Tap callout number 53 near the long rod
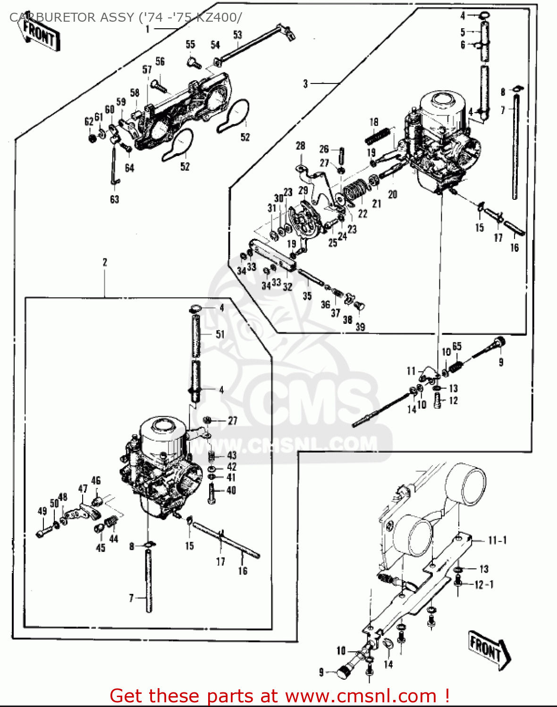click(237, 34)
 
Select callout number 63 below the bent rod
click(114, 199)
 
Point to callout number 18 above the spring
click(374, 122)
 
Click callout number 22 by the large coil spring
click(363, 214)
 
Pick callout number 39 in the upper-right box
click(360, 327)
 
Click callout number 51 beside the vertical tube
click(220, 334)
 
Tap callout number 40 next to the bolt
click(231, 490)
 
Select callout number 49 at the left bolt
click(42, 511)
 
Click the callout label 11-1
click(497, 540)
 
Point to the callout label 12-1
click(484, 584)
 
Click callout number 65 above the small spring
click(456, 347)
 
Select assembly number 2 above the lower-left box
click(105, 262)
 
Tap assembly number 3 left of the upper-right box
click(305, 84)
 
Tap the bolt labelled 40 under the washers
click(211, 493)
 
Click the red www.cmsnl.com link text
click(361, 695)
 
